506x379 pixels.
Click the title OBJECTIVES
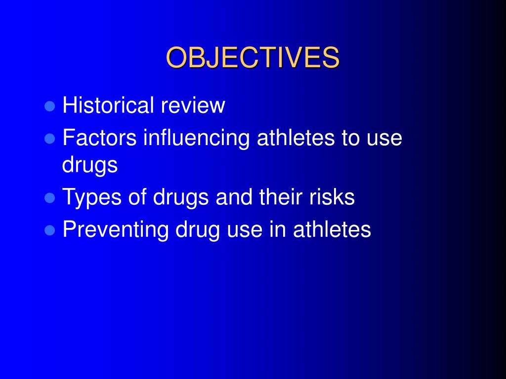pos(253,58)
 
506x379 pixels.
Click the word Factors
pos(99,138)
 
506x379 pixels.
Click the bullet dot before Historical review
pos(49,107)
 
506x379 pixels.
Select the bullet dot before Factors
pos(49,139)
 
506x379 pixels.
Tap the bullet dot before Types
pos(49,198)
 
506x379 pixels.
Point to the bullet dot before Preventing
pos(49,230)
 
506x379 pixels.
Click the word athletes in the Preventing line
pos(332,229)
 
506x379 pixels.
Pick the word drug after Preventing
pos(197,230)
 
